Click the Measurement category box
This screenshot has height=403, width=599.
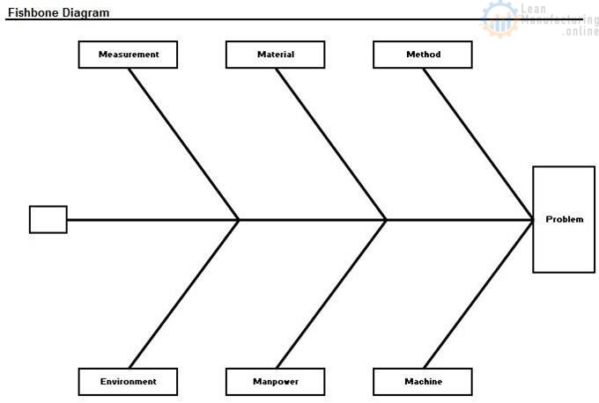click(x=128, y=55)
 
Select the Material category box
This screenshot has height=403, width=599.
click(x=276, y=55)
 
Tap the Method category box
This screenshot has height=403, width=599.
click(x=423, y=55)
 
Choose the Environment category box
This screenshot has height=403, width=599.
click(x=128, y=382)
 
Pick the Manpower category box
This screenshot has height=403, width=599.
click(x=276, y=382)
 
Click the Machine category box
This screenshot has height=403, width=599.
click(x=423, y=382)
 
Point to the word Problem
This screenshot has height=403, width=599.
click(x=565, y=219)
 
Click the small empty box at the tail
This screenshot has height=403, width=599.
click(x=48, y=219)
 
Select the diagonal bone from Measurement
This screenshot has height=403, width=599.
click(x=184, y=144)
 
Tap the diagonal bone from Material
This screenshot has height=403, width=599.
click(x=331, y=144)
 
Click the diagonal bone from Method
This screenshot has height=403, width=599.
click(x=478, y=144)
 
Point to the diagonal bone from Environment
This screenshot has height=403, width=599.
click(x=184, y=294)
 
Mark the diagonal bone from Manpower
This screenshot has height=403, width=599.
click(x=331, y=294)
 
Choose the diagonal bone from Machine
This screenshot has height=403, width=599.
click(x=478, y=294)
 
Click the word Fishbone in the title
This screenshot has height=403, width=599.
click(x=33, y=12)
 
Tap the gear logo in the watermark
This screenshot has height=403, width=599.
click(x=500, y=19)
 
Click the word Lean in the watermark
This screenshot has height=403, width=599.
click(x=534, y=9)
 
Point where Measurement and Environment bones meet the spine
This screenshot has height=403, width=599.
click(x=239, y=220)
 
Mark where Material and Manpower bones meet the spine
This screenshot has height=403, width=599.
click(x=386, y=220)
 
